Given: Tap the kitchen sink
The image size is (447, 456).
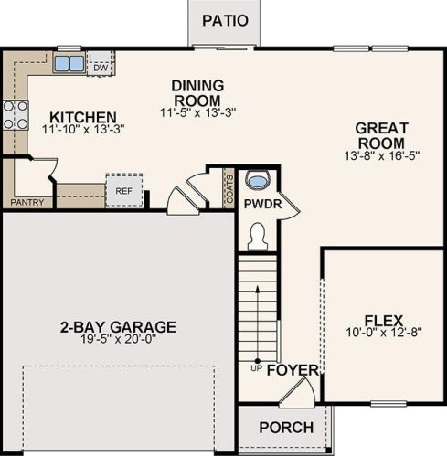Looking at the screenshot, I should point(67,64).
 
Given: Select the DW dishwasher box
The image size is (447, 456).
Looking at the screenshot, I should point(101,67).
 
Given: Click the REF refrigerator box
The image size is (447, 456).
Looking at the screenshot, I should point(123,190).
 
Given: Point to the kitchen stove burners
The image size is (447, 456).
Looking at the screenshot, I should point(13,114).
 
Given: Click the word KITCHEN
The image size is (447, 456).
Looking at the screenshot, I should point(82,117).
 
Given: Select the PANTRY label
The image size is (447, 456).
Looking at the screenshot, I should point(27,201).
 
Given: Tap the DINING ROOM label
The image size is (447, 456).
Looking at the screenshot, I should point(197,92).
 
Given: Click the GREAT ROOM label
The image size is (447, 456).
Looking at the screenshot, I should point(380,136).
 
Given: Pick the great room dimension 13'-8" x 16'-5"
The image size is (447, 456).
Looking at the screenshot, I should point(380,156).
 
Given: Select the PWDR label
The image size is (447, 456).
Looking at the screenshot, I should point(261,206).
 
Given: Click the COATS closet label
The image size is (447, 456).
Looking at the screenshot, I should point(229,188).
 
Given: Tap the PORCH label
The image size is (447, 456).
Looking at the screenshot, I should point(285,428).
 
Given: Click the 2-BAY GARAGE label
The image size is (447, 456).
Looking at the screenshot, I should point(118,327).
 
